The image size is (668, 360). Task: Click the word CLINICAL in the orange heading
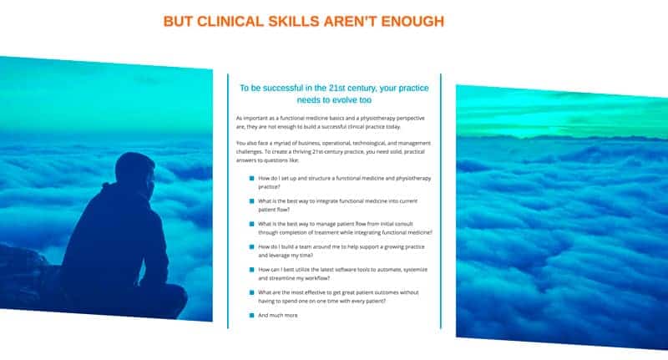[x=230, y=22]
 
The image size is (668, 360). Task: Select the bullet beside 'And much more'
[x=251, y=315]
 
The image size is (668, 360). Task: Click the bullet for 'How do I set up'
[x=251, y=179]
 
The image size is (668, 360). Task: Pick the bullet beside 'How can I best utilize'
[x=251, y=270]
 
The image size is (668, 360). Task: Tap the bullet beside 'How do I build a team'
[x=251, y=246]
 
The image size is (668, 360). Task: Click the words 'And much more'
[x=278, y=315]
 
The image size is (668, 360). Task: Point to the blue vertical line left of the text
[x=228, y=201]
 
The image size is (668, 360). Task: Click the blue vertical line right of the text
[x=441, y=201]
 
